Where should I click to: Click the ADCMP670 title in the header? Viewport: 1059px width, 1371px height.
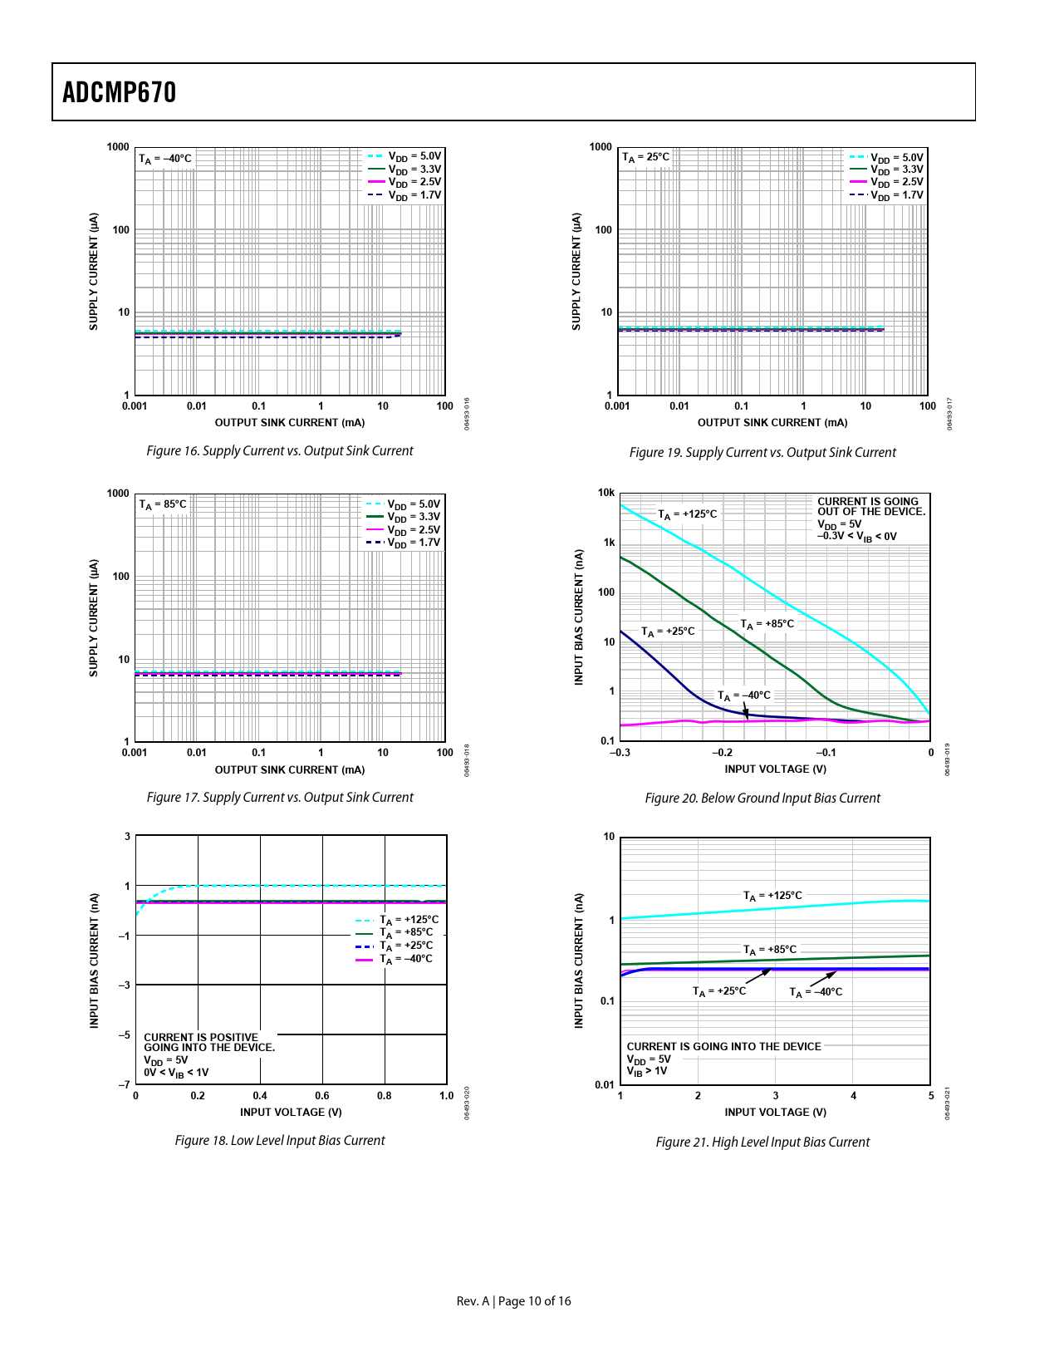click(x=120, y=92)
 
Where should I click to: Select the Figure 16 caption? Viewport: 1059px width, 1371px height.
click(x=279, y=451)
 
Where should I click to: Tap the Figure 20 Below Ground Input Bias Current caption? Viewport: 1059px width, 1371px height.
click(x=762, y=799)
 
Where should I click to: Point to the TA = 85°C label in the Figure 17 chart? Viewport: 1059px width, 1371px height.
click(x=163, y=504)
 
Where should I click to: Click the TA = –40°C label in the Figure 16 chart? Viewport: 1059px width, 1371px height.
click(x=165, y=158)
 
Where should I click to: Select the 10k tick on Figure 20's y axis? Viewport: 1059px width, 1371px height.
click(x=606, y=493)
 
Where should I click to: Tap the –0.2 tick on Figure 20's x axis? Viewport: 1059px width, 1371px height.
click(x=723, y=753)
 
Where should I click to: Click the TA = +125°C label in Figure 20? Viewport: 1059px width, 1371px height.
click(x=687, y=514)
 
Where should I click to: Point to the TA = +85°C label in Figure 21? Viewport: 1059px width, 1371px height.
click(x=769, y=950)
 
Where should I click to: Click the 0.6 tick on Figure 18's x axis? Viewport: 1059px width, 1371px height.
click(x=322, y=1096)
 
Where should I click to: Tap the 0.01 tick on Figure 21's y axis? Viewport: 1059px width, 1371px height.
click(x=605, y=1085)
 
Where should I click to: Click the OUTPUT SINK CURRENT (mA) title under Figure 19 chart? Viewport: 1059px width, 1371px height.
click(x=772, y=423)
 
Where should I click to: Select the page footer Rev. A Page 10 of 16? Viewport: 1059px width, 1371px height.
click(x=513, y=1301)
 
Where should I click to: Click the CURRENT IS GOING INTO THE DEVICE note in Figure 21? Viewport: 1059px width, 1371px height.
click(x=723, y=1047)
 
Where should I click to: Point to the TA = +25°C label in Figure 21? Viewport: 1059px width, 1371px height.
click(x=719, y=992)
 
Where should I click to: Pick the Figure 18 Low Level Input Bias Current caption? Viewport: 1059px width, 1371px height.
click(x=279, y=1141)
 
